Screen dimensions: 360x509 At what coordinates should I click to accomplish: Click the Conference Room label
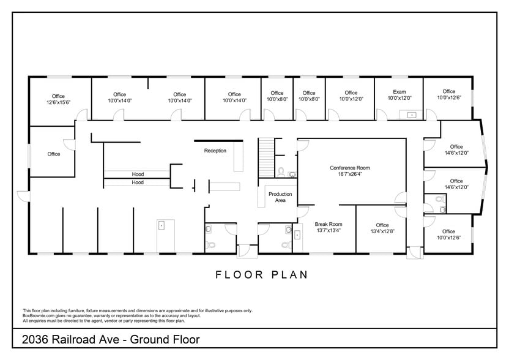pos(349,168)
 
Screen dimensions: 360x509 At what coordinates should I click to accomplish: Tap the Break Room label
pos(329,224)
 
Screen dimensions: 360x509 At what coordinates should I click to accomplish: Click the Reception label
pos(215,151)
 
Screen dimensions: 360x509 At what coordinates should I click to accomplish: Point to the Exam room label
pos(399,93)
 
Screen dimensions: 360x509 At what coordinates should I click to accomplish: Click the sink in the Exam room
pos(411,114)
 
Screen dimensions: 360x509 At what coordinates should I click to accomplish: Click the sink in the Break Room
pos(298,234)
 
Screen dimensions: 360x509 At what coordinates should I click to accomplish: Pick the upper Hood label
pos(138,174)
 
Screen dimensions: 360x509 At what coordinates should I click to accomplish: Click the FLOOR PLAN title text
pos(261,275)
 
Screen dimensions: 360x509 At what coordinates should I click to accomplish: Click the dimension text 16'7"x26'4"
pos(349,174)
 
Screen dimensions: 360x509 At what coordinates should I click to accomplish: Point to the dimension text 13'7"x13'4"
pos(329,231)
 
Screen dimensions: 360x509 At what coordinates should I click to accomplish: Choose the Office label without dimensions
pos(54,154)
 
